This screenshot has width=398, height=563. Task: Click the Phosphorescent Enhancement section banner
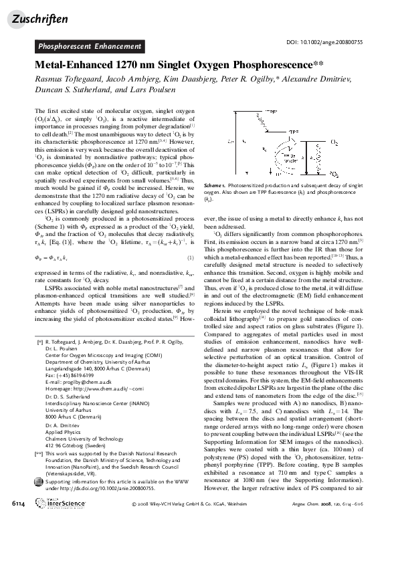[89, 47]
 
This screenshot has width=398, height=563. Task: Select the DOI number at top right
[323, 42]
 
